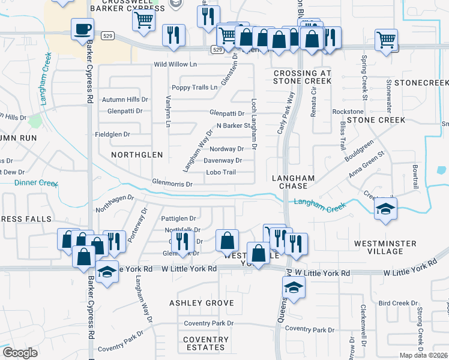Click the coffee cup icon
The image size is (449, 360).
coord(82,29)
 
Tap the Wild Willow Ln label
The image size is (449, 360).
coord(175,64)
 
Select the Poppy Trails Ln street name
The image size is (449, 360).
coord(194,88)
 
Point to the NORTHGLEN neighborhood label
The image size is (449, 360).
coord(137,155)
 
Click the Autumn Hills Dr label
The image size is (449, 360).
coord(125,100)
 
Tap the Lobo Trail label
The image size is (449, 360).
coord(221,172)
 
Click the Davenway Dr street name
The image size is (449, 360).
coord(223,161)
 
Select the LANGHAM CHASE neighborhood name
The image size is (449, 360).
coord(294,182)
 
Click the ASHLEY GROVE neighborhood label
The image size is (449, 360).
coord(202,303)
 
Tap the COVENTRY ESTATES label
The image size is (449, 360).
coord(206,343)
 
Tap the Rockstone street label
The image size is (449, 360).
coord(348,112)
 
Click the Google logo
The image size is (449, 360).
coord(20,353)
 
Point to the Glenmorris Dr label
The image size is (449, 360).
coord(172,184)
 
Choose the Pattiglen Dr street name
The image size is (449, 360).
coord(179,218)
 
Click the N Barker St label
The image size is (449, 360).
coord(233,126)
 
